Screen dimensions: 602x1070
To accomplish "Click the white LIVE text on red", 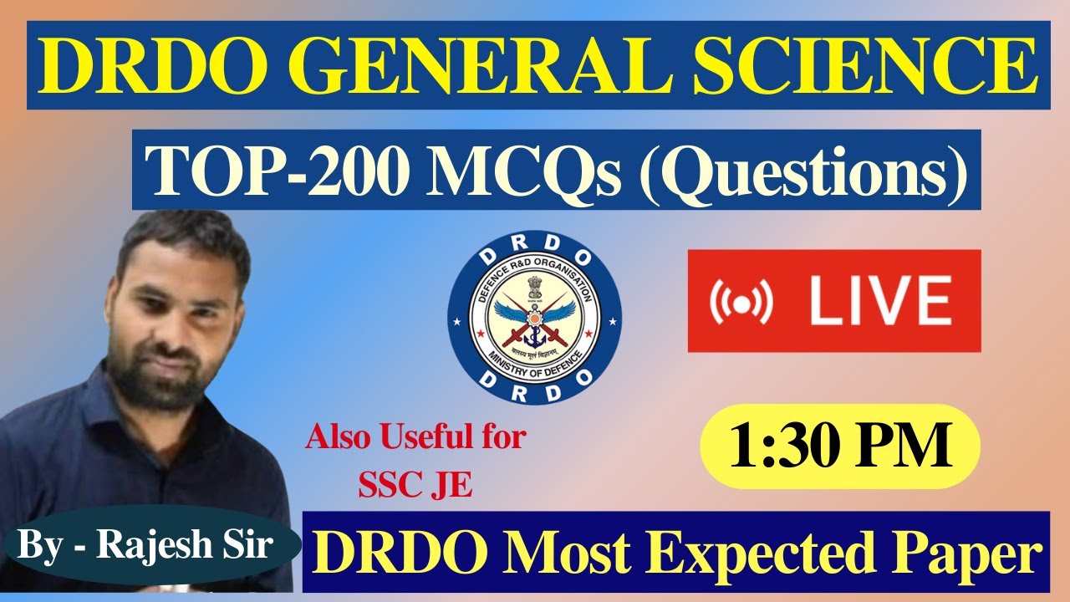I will [881, 301].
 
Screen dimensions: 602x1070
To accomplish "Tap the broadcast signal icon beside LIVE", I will [741, 301].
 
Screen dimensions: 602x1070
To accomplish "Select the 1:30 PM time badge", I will [839, 446].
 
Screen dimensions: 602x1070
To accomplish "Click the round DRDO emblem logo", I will [535, 314].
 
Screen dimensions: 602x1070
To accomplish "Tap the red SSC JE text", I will [415, 485].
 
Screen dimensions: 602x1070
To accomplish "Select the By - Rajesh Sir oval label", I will [145, 545].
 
